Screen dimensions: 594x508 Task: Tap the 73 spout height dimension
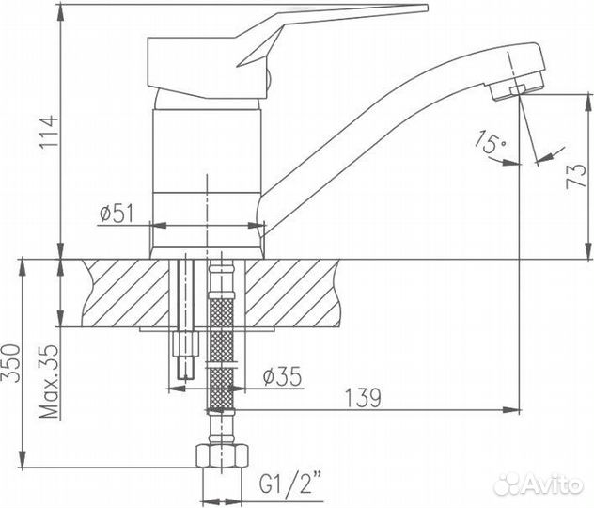tap(576, 176)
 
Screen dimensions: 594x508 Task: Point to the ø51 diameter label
tap(117, 214)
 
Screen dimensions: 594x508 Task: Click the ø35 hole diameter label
tap(283, 376)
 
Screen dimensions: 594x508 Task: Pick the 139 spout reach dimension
tap(363, 397)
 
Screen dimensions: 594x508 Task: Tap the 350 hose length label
tap(10, 363)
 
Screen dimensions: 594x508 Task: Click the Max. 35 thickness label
tap(50, 381)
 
